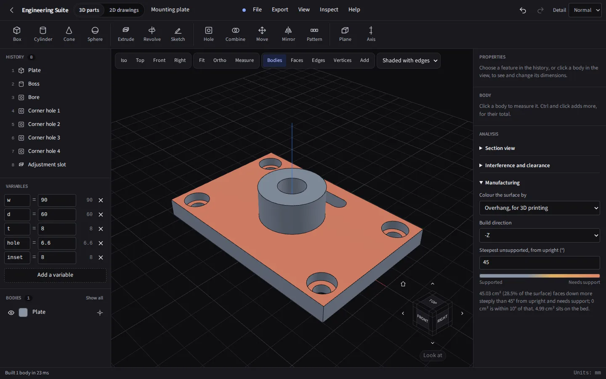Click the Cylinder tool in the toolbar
pyautogui.click(x=43, y=34)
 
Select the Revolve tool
pyautogui.click(x=152, y=34)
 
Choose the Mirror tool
pyautogui.click(x=288, y=34)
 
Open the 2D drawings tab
pyautogui.click(x=124, y=10)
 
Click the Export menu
pyautogui.click(x=280, y=9)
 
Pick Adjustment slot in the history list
pyautogui.click(x=47, y=165)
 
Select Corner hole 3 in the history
pyautogui.click(x=44, y=138)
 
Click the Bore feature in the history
pyautogui.click(x=34, y=97)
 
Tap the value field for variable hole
pyautogui.click(x=57, y=243)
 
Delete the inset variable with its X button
pyautogui.click(x=101, y=257)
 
